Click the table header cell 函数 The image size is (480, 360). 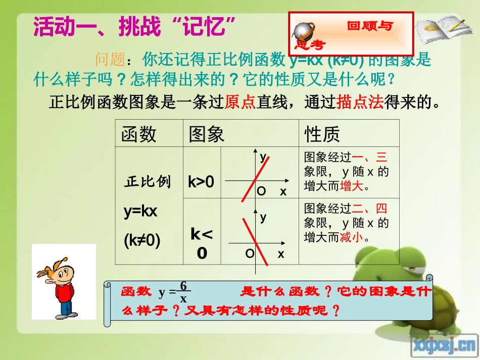pyautogui.click(x=139, y=134)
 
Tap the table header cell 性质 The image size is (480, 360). pyautogui.click(x=322, y=134)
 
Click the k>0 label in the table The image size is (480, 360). pyautogui.click(x=201, y=181)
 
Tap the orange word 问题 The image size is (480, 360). pyautogui.click(x=110, y=60)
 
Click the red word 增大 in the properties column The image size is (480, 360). pyautogui.click(x=352, y=186)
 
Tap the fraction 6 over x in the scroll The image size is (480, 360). pyautogui.click(x=183, y=292)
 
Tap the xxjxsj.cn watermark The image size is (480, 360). pyautogui.click(x=444, y=344)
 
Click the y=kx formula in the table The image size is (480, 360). pyautogui.click(x=140, y=212)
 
